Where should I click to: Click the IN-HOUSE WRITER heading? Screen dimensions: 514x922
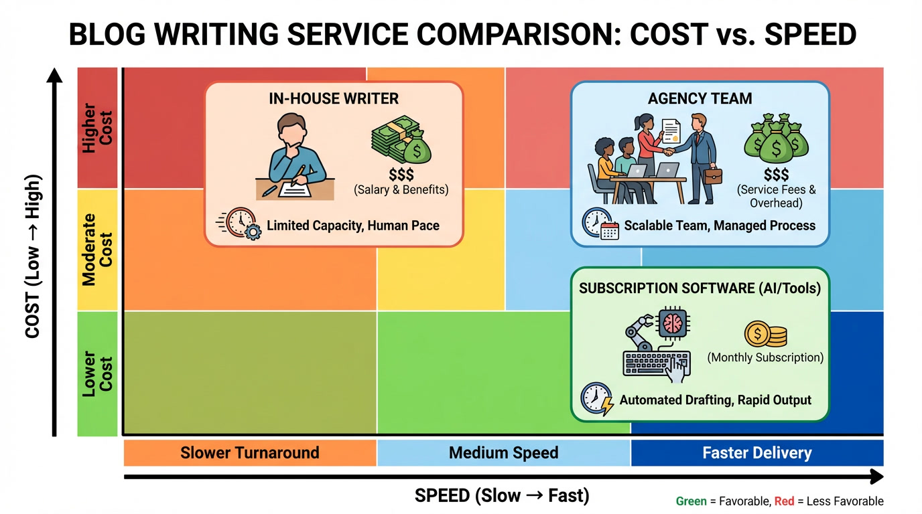[334, 99]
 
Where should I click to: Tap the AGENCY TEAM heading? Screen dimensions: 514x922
[700, 99]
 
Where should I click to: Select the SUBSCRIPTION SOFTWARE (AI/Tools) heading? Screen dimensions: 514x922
[700, 288]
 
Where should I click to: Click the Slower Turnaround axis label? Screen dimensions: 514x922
[250, 452]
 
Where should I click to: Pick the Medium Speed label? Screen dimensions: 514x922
[503, 452]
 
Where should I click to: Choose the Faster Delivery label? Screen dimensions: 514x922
[756, 452]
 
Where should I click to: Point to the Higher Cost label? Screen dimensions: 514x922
[97, 128]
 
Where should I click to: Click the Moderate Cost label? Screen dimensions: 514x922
[97, 250]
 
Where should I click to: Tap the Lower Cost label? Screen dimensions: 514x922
[97, 373]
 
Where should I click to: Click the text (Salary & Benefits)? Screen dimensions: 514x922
[401, 189]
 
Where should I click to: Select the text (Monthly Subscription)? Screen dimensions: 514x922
[765, 357]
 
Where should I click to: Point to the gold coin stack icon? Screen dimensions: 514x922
[765, 334]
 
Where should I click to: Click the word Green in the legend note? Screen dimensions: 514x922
[691, 501]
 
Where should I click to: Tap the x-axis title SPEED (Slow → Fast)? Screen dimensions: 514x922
[502, 496]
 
